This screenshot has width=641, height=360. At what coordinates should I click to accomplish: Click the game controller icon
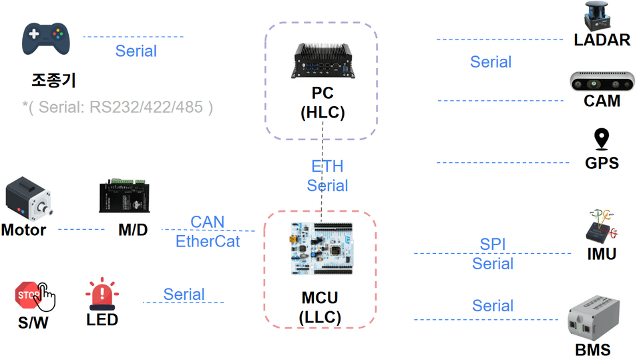(46, 39)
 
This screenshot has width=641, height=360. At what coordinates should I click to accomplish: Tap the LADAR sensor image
(597, 16)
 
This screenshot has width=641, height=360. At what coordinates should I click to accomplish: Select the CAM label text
(602, 101)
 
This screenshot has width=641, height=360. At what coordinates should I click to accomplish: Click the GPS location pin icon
(602, 139)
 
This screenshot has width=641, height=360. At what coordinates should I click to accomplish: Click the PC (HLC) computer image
(323, 61)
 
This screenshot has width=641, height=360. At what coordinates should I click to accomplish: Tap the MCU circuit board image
(322, 248)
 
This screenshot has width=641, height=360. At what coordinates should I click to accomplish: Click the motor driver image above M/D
(124, 196)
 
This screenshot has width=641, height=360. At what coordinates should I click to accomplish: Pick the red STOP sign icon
(29, 295)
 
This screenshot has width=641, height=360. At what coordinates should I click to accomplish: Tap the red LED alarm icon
(102, 294)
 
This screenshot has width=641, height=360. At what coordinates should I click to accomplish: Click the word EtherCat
(208, 241)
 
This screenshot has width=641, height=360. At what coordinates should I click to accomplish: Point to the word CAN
(207, 222)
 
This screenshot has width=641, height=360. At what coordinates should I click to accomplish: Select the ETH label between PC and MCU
(327, 166)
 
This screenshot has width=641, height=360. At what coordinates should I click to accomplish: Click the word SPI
(493, 244)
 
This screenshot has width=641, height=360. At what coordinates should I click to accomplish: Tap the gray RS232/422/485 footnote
(118, 107)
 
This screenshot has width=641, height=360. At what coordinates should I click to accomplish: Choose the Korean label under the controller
(53, 79)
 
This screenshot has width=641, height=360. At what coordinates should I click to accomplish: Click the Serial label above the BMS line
(493, 306)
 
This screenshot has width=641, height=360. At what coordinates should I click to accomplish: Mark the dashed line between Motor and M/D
(81, 229)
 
